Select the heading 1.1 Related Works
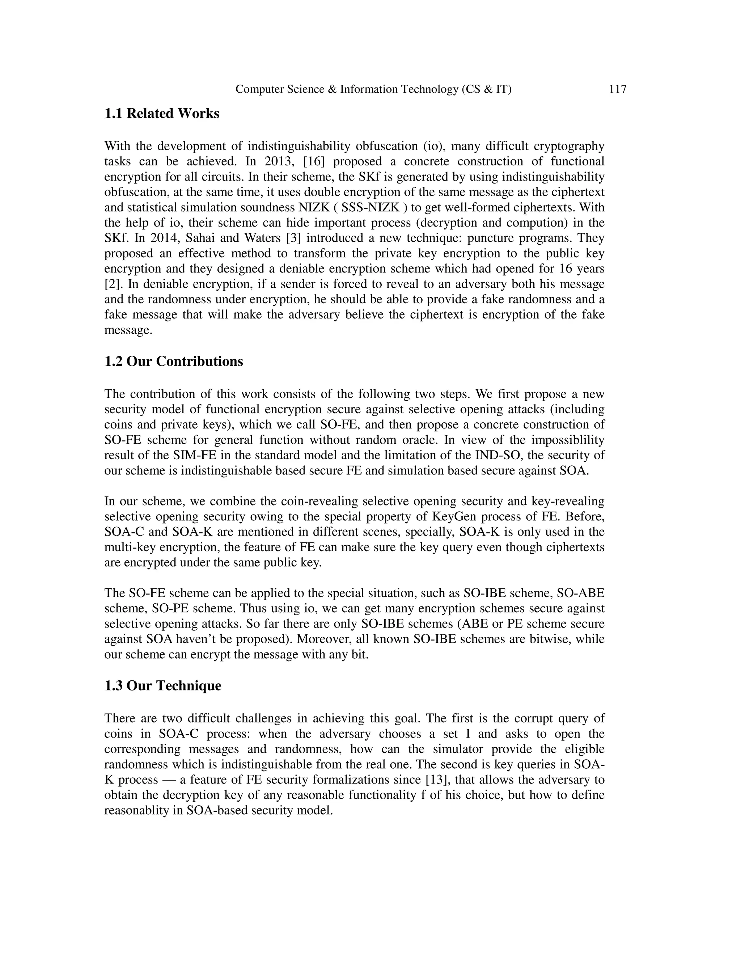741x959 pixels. point(161,114)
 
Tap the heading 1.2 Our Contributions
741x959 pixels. point(173,362)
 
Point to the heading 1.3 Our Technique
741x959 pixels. point(162,685)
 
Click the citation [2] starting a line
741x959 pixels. point(111,284)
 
